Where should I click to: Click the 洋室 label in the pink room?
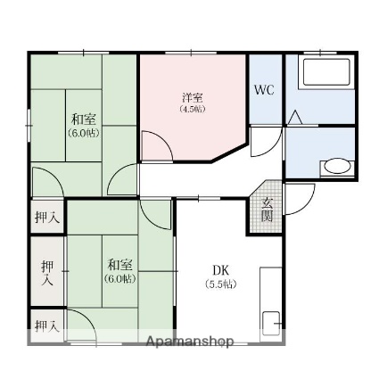[x=191, y=96]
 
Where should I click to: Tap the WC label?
[x=264, y=90]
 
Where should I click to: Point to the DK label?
[x=221, y=270]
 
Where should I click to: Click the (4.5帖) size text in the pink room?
[x=191, y=109]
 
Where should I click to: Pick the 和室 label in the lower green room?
[x=120, y=265]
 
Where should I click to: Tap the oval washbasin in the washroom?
[x=336, y=166]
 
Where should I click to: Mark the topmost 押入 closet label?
[x=47, y=217]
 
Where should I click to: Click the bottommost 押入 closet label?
[x=46, y=326]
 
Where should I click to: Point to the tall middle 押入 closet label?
[x=46, y=272]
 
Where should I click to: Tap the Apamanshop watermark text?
[x=189, y=342]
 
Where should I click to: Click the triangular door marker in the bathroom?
[x=297, y=116]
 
